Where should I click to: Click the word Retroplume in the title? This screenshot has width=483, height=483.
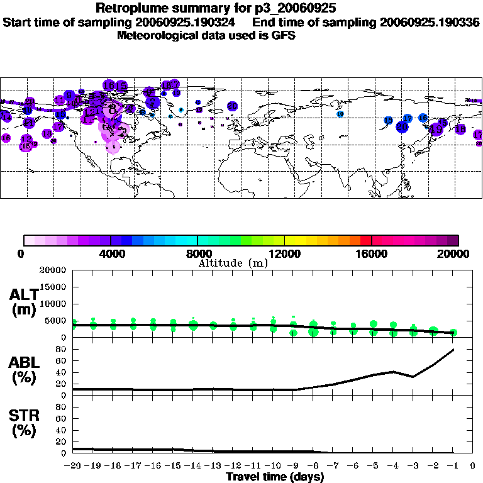tap(128, 9)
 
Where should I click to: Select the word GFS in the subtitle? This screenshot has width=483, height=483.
tap(283, 36)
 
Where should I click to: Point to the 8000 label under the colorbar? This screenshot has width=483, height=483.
tap(197, 254)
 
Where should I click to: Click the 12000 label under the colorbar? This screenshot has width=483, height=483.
tap(284, 254)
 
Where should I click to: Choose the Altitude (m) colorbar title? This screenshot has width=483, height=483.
tap(233, 263)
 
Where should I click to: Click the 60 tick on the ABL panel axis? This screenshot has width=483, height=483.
tap(61, 361)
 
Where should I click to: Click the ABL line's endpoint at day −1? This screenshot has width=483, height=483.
tap(453, 350)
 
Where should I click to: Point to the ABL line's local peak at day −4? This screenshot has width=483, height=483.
tap(393, 372)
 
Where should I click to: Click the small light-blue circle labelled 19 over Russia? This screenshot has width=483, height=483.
tap(340, 114)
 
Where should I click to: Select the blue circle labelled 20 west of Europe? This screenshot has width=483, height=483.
tap(232, 106)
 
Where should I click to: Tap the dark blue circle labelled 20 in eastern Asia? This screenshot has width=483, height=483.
tap(402, 127)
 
